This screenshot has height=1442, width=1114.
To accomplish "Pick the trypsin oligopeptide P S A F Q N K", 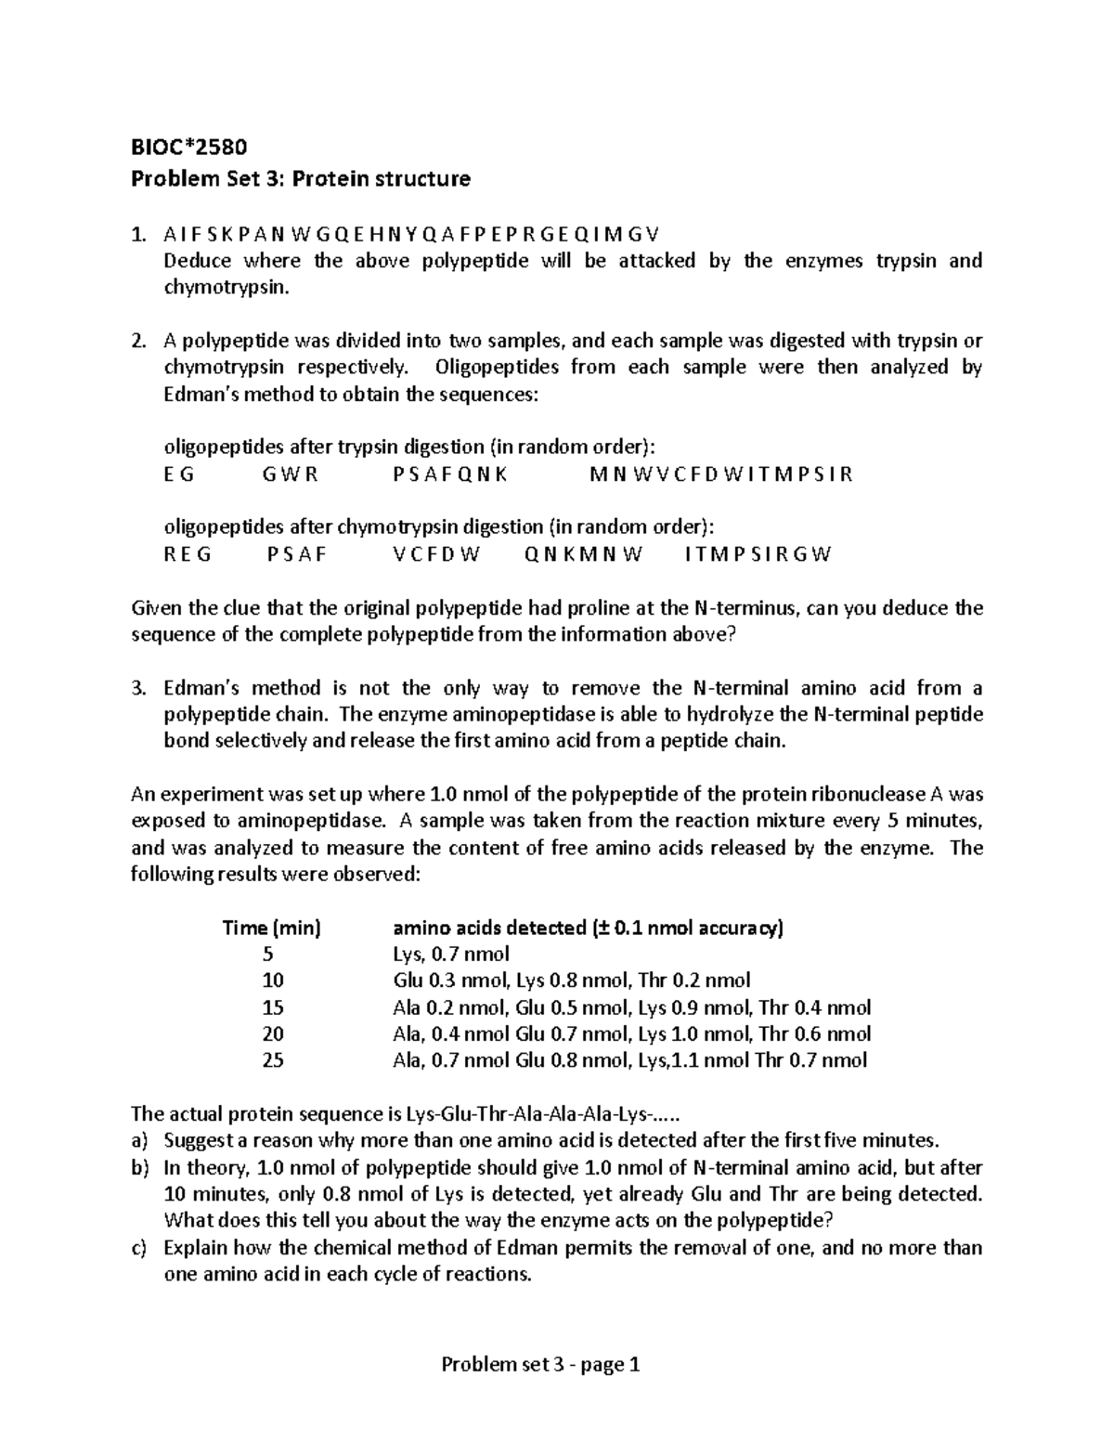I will [x=450, y=474].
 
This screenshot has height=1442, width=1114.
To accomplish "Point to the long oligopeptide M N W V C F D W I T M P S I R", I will [x=720, y=474].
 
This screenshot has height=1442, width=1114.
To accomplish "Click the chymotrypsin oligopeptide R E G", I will [x=188, y=555].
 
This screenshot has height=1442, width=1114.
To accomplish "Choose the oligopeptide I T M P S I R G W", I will [x=758, y=555].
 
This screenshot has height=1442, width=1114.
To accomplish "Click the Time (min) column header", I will [x=271, y=928].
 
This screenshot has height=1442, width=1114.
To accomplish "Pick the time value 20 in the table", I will [x=272, y=1033].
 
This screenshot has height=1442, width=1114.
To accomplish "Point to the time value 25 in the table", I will [x=272, y=1060].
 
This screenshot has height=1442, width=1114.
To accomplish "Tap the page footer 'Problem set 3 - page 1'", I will [x=541, y=1365].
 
